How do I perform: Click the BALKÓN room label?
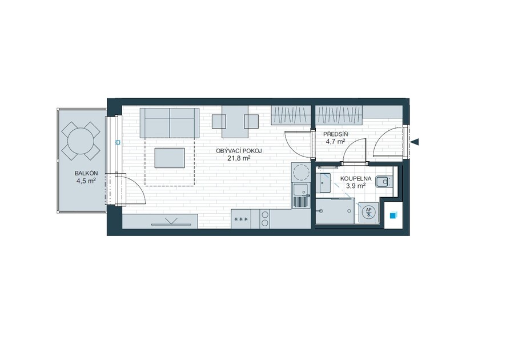(x=86, y=174)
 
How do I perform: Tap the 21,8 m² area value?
(x=239, y=158)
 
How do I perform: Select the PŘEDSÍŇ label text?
(x=336, y=134)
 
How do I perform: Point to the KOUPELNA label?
(x=356, y=179)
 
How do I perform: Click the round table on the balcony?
(x=81, y=141)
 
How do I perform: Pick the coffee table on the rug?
(x=170, y=158)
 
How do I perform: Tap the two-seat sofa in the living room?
(x=170, y=123)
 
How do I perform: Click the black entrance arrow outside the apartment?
(x=415, y=142)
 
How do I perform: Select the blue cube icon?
(x=393, y=215)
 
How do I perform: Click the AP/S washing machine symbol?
(x=369, y=213)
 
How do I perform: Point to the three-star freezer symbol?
(x=241, y=219)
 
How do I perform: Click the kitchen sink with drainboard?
(x=301, y=195)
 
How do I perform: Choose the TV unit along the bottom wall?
(x=160, y=221)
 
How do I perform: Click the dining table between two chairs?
(x=235, y=122)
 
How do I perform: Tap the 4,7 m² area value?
(x=335, y=142)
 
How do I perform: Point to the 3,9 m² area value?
(x=356, y=186)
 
